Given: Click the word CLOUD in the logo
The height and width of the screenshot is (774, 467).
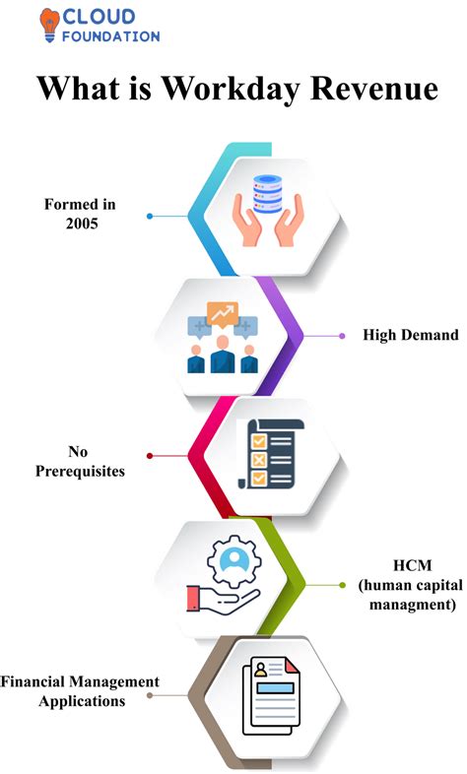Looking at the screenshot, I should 97,17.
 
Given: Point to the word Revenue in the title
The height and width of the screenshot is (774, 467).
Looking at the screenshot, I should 376,88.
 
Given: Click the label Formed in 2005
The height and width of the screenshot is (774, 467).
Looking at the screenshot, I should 80,214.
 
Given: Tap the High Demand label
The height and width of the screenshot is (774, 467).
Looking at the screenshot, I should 410,335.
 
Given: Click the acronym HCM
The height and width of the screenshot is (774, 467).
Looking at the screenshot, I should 408,567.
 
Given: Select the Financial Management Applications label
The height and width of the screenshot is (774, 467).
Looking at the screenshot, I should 80,691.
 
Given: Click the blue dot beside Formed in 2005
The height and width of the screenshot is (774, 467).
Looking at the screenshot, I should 150,215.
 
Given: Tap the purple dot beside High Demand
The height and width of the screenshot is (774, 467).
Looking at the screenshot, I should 342,336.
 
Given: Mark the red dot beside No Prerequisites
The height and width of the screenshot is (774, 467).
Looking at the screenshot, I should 149,456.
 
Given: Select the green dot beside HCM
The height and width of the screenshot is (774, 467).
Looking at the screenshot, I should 342,585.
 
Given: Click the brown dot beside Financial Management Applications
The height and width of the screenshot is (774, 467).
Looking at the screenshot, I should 150,696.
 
